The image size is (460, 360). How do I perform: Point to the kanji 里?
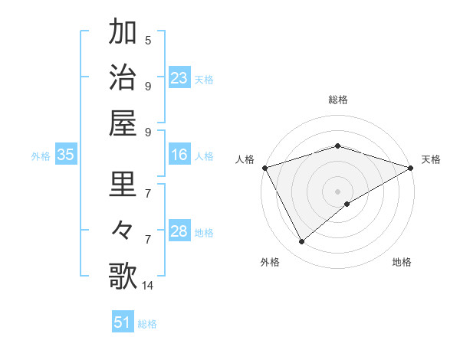click(x=123, y=185)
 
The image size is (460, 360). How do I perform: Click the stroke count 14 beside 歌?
click(x=148, y=286)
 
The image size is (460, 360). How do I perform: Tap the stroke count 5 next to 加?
click(x=148, y=40)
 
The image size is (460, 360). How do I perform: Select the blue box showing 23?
click(x=179, y=77)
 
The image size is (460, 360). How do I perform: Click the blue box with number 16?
click(x=179, y=155)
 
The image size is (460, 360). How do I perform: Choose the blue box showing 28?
click(x=179, y=231)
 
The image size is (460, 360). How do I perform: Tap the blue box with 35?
click(x=65, y=155)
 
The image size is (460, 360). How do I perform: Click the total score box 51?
click(x=123, y=322)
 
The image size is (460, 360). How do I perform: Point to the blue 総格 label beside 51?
click(x=147, y=324)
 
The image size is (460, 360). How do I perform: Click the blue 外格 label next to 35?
click(x=41, y=156)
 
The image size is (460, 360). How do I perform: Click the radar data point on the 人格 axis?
click(x=264, y=168)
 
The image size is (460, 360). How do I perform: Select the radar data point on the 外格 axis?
click(x=301, y=242)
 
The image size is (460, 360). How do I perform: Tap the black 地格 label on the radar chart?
click(x=402, y=263)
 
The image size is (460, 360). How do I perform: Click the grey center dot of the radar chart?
click(x=337, y=191)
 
